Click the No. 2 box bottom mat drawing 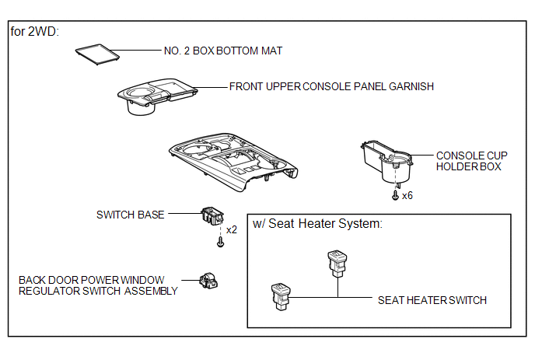pyautogui.click(x=97, y=54)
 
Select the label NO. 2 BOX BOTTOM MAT pyautogui.click(x=223, y=51)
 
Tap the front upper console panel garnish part pyautogui.click(x=156, y=96)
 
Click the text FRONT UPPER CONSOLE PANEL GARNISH pyautogui.click(x=331, y=86)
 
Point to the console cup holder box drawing pyautogui.click(x=386, y=161)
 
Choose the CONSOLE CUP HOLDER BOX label pyautogui.click(x=471, y=161)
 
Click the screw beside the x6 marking pyautogui.click(x=395, y=195)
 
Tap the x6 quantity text pyautogui.click(x=407, y=195)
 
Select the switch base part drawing pyautogui.click(x=212, y=215)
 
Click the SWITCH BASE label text pyautogui.click(x=131, y=215)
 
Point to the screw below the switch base pyautogui.click(x=220, y=242)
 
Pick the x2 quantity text pyautogui.click(x=232, y=229)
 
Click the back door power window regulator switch pyautogui.click(x=208, y=281)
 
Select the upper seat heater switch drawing pyautogui.click(x=337, y=264)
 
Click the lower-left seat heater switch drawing pyautogui.click(x=281, y=296)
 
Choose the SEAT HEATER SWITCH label pyautogui.click(x=432, y=300)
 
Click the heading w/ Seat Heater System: pyautogui.click(x=317, y=224)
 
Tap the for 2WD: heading pyautogui.click(x=34, y=31)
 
